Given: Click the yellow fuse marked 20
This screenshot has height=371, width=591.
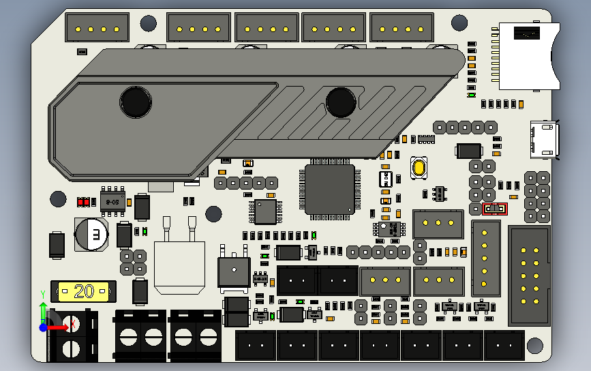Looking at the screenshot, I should [84, 292].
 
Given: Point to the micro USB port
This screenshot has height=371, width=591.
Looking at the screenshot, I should [545, 138].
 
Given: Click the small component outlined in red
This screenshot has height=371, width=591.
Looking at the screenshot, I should [495, 209].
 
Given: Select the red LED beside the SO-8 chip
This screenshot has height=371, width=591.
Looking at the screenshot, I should [84, 202].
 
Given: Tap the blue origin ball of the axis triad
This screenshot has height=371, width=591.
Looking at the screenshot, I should [44, 327].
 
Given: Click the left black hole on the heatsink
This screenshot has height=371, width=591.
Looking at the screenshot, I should [136, 102].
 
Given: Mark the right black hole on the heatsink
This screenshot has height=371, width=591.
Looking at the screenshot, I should [341, 102].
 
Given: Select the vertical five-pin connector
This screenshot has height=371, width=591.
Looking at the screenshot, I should [485, 258].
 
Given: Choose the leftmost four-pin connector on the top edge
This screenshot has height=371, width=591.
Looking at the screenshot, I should [97, 29].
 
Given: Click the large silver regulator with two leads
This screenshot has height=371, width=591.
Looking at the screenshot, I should [179, 263].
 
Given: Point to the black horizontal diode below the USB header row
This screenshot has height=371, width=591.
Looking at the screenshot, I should [469, 151].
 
